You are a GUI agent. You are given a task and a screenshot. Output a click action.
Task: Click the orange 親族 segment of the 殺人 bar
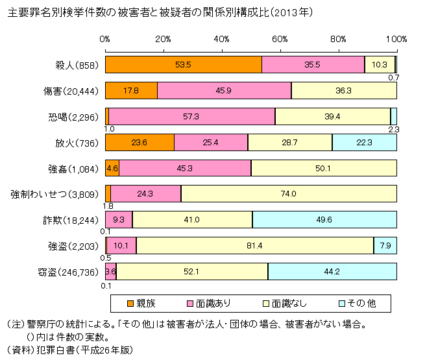(x=183, y=65)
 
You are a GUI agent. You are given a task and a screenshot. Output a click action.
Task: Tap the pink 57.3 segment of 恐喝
(x=191, y=116)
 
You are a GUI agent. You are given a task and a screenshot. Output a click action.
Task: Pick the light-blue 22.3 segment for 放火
(x=364, y=142)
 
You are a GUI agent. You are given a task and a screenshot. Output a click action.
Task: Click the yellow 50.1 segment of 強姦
(x=324, y=168)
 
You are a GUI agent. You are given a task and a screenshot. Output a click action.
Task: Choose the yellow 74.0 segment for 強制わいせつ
(x=289, y=193)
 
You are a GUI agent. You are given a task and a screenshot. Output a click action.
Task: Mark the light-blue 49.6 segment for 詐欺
(x=324, y=219)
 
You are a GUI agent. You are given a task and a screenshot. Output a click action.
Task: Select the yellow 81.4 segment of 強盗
(x=255, y=245)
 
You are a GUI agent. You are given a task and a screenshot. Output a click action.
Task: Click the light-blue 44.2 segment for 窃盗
(x=332, y=271)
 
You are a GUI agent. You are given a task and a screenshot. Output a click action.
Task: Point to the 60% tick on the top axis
(x=280, y=40)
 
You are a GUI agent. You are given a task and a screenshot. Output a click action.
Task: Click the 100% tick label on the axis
(x=396, y=40)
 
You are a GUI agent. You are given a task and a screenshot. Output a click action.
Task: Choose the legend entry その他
(x=364, y=303)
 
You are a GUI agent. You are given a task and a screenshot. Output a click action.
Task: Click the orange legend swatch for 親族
(x=127, y=303)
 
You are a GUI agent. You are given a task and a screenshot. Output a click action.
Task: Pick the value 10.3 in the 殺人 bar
(x=380, y=65)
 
